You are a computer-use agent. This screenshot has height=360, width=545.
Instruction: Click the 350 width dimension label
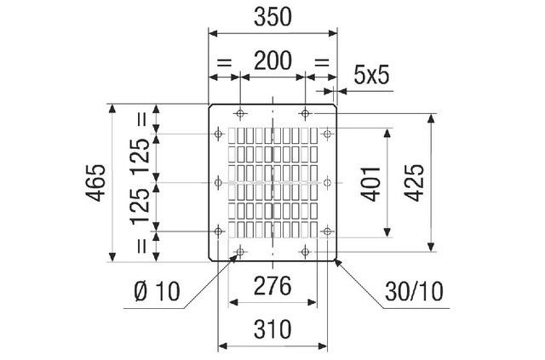(x=273, y=16)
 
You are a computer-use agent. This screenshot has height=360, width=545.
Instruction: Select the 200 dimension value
(x=273, y=60)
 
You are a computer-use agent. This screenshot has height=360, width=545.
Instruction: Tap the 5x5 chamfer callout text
(x=371, y=76)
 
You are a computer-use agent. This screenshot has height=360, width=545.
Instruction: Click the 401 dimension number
(x=370, y=182)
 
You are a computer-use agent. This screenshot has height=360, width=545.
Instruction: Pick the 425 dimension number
(x=415, y=182)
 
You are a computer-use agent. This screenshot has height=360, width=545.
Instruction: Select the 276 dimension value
(x=273, y=286)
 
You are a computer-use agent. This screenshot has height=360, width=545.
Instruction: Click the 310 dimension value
(x=273, y=328)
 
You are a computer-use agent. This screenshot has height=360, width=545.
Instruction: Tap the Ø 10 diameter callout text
(x=158, y=292)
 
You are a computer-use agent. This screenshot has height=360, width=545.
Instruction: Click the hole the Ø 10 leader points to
(x=240, y=252)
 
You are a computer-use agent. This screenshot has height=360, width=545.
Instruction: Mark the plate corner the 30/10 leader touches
(x=336, y=260)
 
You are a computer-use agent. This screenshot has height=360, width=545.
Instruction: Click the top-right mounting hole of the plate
(x=305, y=112)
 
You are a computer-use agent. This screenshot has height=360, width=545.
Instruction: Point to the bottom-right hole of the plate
(x=305, y=252)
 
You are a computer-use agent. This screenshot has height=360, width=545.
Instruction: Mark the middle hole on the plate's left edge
(x=220, y=182)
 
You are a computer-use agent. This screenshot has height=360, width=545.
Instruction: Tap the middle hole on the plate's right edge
(x=326, y=182)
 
